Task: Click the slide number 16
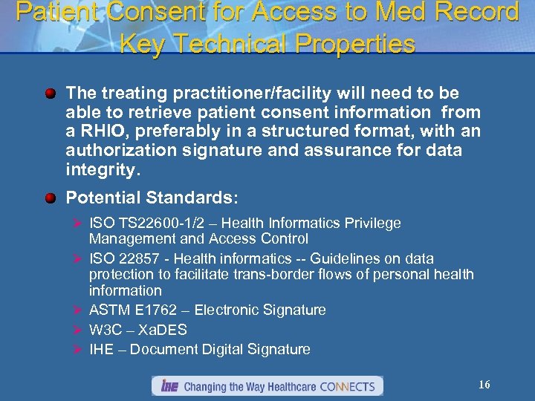point(484,385)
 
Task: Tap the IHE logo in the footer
point(167,386)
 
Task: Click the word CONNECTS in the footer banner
point(349,386)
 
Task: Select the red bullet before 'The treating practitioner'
point(50,94)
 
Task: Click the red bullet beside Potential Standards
point(50,198)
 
